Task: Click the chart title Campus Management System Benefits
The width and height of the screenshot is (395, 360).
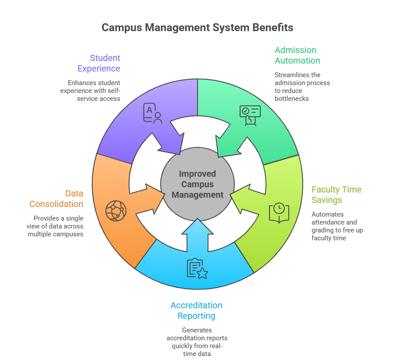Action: pos(197,28)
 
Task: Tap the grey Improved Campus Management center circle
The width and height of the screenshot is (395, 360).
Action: pos(197,185)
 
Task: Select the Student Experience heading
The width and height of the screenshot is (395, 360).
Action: pos(99,63)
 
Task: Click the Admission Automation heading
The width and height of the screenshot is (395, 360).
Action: pos(297,55)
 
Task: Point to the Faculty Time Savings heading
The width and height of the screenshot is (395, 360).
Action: pos(336,195)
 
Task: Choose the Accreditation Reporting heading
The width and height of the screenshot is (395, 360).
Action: pos(196,310)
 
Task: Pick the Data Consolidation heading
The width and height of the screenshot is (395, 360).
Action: pos(56,199)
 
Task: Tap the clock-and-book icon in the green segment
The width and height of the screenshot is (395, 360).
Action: pos(279,213)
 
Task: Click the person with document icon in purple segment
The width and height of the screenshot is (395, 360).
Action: pos(152,113)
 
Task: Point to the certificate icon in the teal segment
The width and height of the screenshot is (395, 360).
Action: pos(250,115)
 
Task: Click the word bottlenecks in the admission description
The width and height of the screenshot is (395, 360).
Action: pos(292,99)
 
